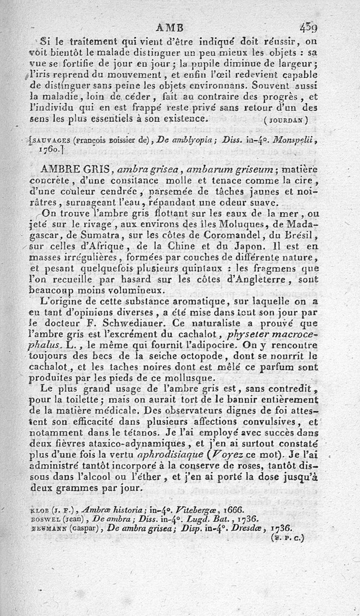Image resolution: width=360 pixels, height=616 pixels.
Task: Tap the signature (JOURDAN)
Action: point(286,120)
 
